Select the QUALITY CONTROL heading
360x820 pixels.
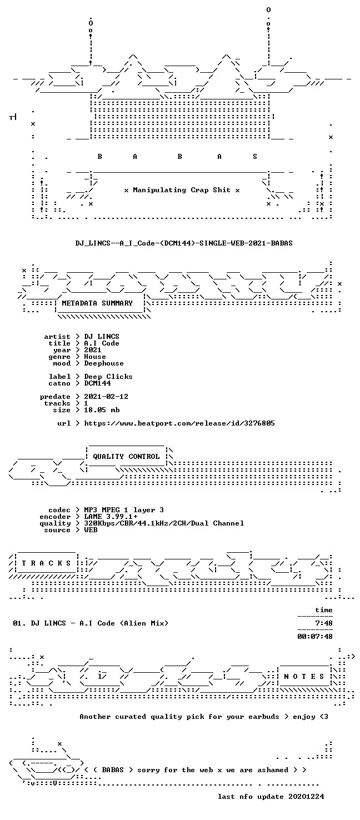[x=126, y=457]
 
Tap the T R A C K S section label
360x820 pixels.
[x=46, y=563]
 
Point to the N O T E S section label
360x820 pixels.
[x=304, y=677]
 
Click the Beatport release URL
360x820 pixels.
[x=179, y=423]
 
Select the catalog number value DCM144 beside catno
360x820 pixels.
[x=97, y=383]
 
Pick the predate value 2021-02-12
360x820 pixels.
[x=106, y=397]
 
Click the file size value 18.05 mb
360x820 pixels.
[x=102, y=410]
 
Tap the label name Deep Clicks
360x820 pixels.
[x=108, y=377]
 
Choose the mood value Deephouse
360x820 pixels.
[x=104, y=363]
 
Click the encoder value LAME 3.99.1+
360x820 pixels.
[x=111, y=517]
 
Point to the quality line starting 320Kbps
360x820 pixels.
[x=164, y=523]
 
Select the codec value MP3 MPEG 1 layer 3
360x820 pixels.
[x=124, y=510]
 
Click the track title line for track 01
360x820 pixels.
[x=91, y=623]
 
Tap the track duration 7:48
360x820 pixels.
[x=324, y=623]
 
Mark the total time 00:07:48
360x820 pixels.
[x=315, y=637]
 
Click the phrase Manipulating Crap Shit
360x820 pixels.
[x=182, y=190]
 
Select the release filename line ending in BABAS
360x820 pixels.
[x=184, y=243]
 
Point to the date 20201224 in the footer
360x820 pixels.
[x=306, y=797]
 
